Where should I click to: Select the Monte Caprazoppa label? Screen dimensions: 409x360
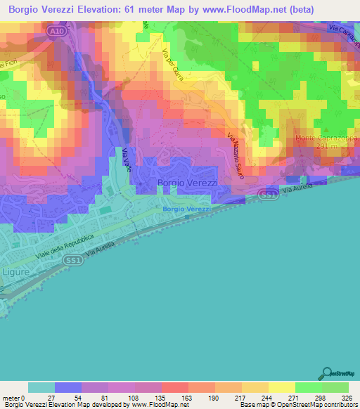point(327,138)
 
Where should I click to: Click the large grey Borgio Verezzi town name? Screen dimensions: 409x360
point(188,183)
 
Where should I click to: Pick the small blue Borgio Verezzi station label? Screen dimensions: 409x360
point(187,209)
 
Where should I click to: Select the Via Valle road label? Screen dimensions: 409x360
point(126,162)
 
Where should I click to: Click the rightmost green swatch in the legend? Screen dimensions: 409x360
point(335,387)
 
